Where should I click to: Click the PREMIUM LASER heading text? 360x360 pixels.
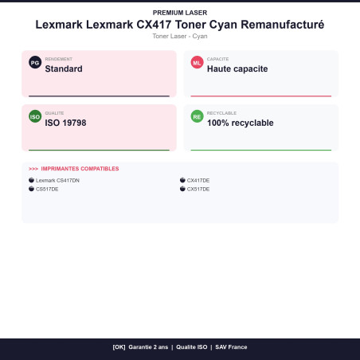pos(180,13)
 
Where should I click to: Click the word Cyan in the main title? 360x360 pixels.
pos(223,25)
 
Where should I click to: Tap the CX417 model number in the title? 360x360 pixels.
pos(154,25)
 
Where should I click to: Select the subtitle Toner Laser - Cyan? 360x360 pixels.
pos(180,36)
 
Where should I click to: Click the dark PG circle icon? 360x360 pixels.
pos(35,62)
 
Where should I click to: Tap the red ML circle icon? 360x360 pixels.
pos(197,62)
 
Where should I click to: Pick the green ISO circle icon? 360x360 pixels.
pos(35,116)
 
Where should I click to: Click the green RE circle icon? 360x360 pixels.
pos(197,116)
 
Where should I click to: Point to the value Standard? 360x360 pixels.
pos(64,68)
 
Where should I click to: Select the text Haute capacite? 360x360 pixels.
pos(237,69)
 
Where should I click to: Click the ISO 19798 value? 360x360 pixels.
pos(65,123)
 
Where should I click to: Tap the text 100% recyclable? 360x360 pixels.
pos(241,123)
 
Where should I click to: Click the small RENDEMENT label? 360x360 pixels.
pos(59,59)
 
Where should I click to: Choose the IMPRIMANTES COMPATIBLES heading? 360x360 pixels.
pos(80,169)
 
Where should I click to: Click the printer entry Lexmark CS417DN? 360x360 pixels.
pos(57,180)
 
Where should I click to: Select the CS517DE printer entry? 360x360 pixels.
pos(47,189)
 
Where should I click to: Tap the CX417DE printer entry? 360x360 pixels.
pos(198,180)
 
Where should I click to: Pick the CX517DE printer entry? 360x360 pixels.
pos(198,189)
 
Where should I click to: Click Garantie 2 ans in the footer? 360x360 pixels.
pos(148,347)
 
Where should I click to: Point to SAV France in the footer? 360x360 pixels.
pos(231,347)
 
